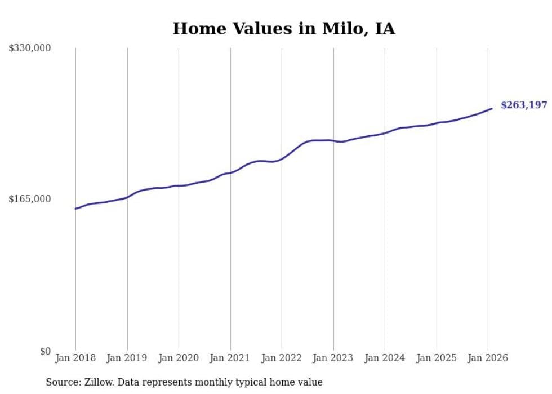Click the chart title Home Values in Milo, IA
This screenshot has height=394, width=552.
(x=284, y=28)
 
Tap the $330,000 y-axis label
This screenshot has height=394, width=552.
(x=30, y=48)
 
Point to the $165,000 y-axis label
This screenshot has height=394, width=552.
(x=30, y=199)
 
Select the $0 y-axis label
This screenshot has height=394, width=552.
(x=45, y=351)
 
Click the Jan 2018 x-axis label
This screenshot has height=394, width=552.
(x=75, y=358)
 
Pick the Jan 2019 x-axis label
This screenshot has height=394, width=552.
(x=127, y=358)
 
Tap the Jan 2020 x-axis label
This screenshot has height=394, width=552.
(x=179, y=358)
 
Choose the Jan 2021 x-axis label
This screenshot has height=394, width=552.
(x=230, y=358)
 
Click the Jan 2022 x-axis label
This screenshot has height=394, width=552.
(x=282, y=358)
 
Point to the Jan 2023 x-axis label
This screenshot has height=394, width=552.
(x=333, y=358)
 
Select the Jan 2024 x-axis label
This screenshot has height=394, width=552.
(x=385, y=358)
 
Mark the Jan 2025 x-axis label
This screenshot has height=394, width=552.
(x=437, y=358)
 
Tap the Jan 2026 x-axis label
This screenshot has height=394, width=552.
(x=488, y=358)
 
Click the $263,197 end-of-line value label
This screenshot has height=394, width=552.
(x=524, y=105)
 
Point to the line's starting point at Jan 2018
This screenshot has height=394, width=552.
(x=75, y=209)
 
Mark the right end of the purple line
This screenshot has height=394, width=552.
(x=492, y=109)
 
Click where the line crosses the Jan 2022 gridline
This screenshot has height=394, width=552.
(x=282, y=158)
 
